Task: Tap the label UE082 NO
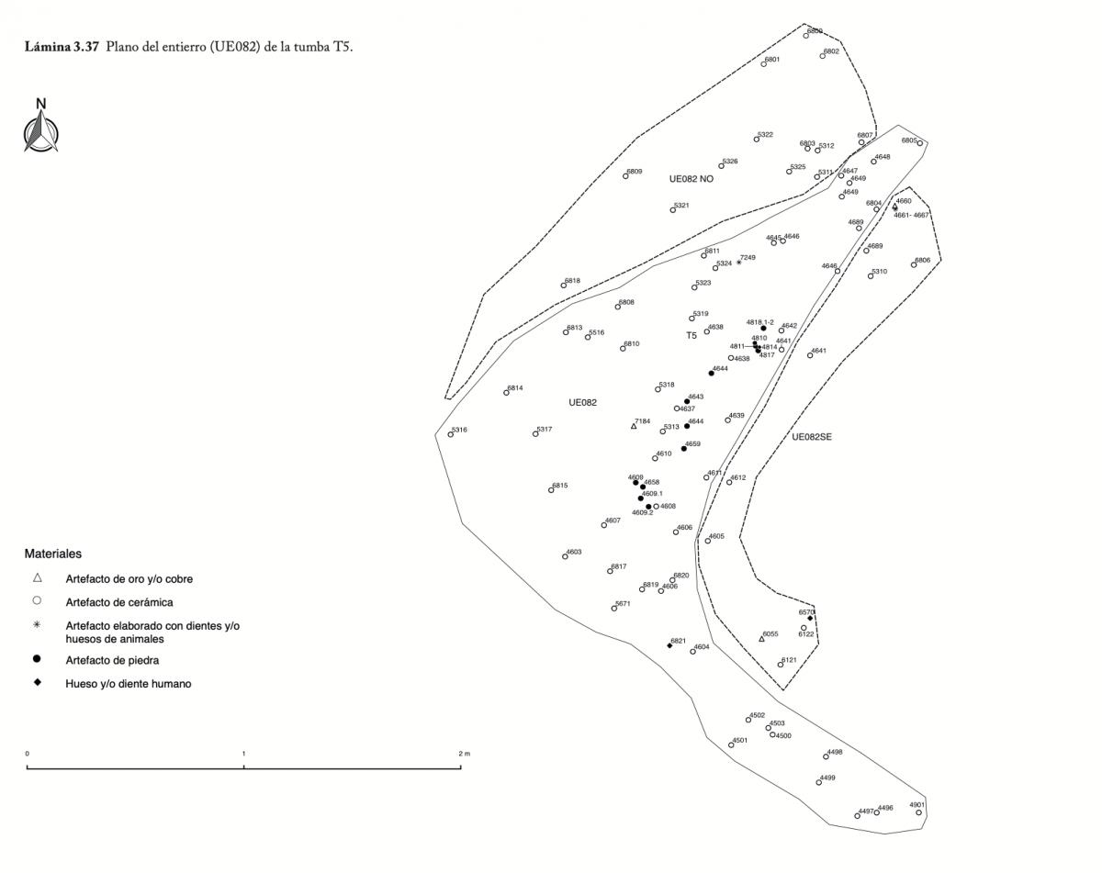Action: (692, 179)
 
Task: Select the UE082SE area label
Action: (812, 437)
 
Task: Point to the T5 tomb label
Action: (692, 336)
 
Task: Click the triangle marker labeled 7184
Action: (634, 426)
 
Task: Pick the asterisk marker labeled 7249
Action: (738, 263)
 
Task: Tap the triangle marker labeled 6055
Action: (761, 639)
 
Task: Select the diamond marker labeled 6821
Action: (669, 645)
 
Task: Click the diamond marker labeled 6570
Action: (810, 618)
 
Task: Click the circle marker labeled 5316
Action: (451, 434)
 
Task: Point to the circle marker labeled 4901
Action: (918, 812)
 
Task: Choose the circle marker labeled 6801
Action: (764, 64)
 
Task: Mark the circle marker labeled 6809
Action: (625, 175)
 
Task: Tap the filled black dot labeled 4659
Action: (684, 449)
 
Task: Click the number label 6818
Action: (572, 281)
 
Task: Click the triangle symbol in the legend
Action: (37, 578)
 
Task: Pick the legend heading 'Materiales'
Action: (53, 554)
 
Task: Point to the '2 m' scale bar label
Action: (464, 754)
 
